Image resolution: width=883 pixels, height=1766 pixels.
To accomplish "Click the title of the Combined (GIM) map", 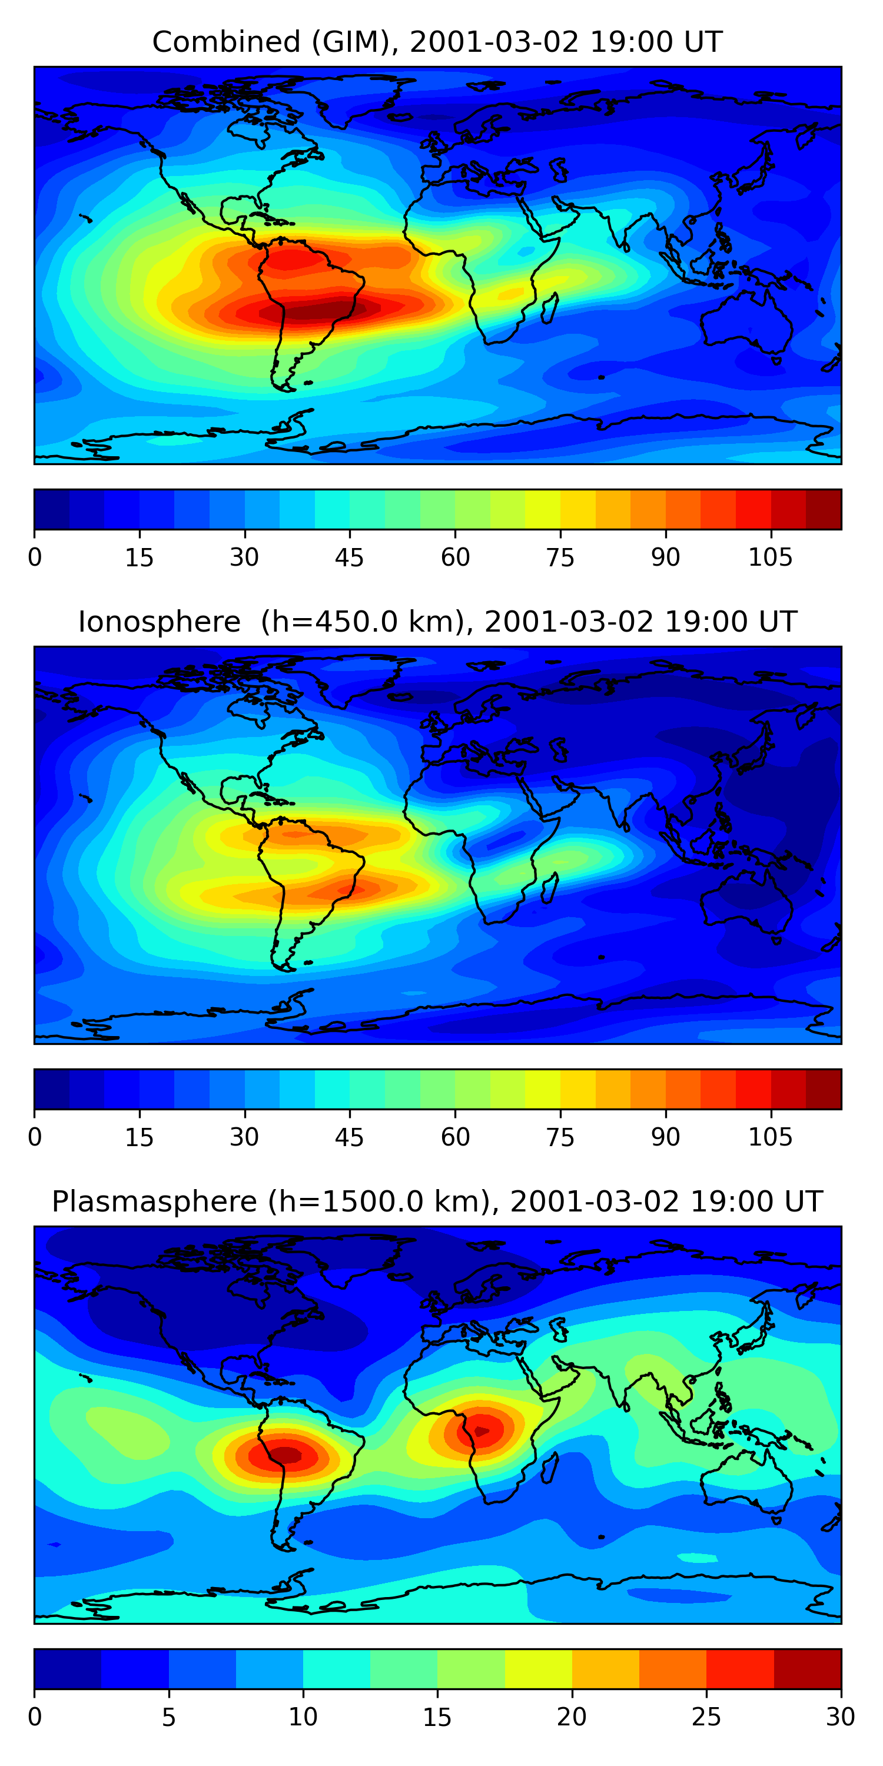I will click(x=437, y=42).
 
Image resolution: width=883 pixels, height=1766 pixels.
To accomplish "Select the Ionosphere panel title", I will click(x=437, y=622).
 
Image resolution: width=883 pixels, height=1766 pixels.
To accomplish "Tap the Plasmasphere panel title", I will click(x=437, y=1202).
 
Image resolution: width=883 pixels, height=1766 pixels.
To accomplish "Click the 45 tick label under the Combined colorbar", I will click(x=349, y=557).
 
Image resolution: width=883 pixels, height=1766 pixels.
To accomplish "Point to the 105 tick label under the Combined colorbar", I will click(x=770, y=557).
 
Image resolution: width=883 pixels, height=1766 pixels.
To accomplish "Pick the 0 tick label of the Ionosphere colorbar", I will click(x=35, y=1137).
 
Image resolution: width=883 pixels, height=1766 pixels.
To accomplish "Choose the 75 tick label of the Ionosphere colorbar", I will click(x=560, y=1137).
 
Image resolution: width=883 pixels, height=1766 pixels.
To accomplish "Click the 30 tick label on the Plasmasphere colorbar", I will click(x=840, y=1717).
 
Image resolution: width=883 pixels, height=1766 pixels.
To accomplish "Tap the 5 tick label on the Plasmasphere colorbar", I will click(x=168, y=1717).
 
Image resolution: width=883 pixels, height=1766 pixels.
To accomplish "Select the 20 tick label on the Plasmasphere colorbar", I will click(x=572, y=1717).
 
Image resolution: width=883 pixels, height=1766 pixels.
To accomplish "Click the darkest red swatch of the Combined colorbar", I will click(x=824, y=509).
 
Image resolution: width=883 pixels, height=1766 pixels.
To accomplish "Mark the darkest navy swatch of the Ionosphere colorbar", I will click(x=52, y=1090).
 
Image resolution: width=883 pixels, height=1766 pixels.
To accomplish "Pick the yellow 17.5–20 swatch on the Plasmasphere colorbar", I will click(x=538, y=1669).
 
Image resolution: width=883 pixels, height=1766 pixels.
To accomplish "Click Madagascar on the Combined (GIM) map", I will click(x=550, y=308).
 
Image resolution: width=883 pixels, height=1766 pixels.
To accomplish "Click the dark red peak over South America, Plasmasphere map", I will click(x=287, y=1453).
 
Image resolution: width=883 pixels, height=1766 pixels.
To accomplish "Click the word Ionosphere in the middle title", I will click(x=159, y=622).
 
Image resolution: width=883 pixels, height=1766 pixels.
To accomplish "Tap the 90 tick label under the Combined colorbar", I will click(x=665, y=557).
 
